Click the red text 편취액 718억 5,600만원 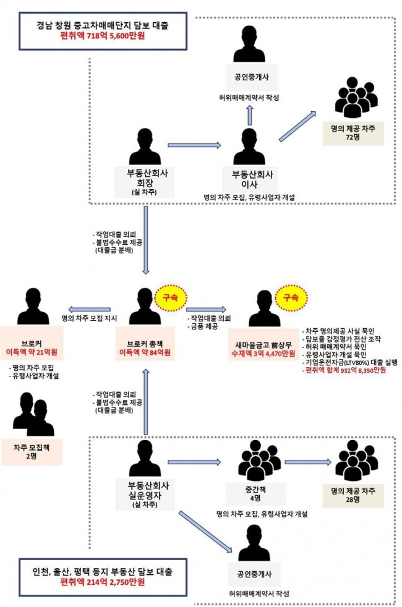coord(103,36)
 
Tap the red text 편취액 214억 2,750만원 coord(103,582)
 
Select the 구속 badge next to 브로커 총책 coord(171,298)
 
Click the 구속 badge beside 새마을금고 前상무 coord(291,298)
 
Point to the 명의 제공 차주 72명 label coord(353,132)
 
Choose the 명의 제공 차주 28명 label coord(353,495)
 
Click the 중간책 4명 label coord(255,494)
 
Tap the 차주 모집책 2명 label coord(32,452)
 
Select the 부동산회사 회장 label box coord(145,182)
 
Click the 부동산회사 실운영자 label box coord(145,495)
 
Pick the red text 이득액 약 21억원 coord(32,352)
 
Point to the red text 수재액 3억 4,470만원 coord(263,354)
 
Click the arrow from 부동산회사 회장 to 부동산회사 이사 coord(194,145)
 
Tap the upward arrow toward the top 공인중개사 coord(250,114)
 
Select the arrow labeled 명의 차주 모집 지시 coord(89,309)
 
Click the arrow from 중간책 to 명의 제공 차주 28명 coord(308,462)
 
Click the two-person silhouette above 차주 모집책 coord(33,414)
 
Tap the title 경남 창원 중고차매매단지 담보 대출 coord(103,25)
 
